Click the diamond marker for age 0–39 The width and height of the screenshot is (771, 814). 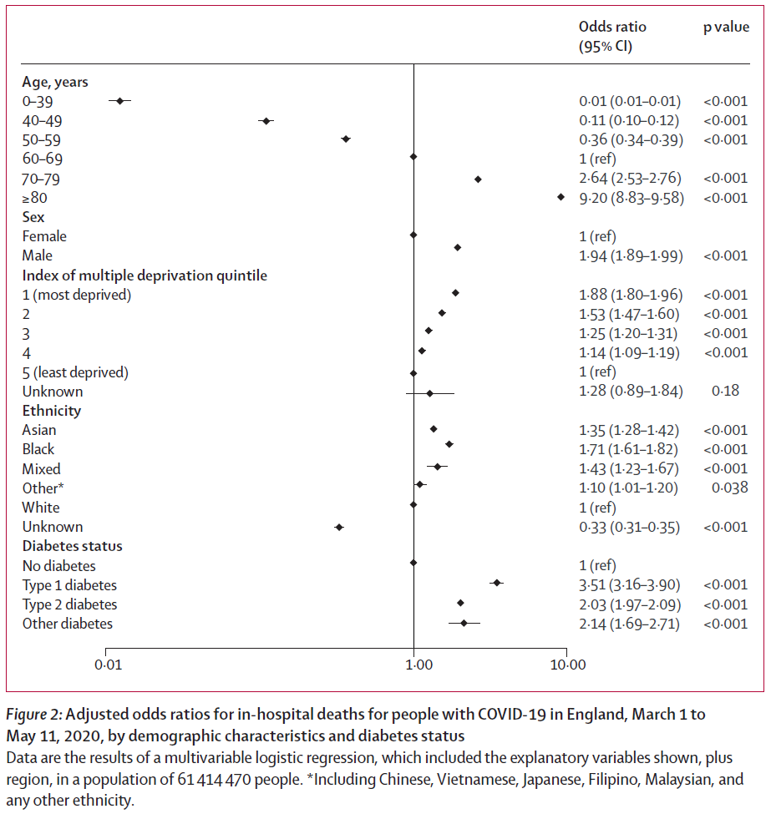coord(120,101)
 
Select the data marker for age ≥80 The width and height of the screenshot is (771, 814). coord(560,197)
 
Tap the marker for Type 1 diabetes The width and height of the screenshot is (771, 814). coord(496,584)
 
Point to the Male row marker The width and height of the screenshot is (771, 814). coord(457,248)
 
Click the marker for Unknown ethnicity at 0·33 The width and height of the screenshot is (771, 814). coord(339,528)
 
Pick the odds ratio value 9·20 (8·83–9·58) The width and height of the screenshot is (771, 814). coord(631,198)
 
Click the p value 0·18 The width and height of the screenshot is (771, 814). coord(724,391)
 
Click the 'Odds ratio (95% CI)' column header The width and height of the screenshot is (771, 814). coord(611,37)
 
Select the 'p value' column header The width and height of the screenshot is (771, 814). coord(725,27)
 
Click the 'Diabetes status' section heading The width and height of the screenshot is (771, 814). coord(72,546)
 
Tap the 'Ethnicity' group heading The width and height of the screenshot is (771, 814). coord(52,411)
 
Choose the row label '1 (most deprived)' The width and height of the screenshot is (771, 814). coord(77,295)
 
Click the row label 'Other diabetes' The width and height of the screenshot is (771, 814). coord(68,624)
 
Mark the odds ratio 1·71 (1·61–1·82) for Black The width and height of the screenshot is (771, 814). coord(629,449)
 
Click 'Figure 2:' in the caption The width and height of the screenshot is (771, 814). coord(34,715)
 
